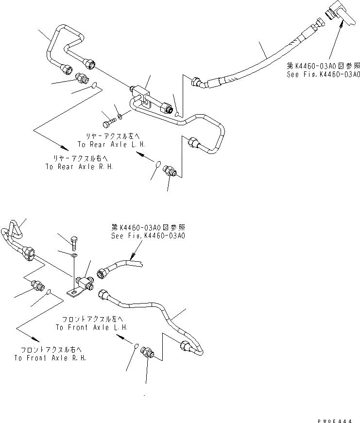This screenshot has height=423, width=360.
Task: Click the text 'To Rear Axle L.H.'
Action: tap(111, 145)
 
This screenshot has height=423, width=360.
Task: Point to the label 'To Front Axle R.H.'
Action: tap(51, 358)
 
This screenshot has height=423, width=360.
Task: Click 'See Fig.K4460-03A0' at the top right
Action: tap(324, 74)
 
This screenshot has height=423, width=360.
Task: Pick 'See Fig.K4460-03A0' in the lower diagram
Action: tap(148, 236)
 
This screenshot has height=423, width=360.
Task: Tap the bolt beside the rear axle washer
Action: tap(109, 118)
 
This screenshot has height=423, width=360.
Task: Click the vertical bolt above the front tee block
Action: tap(74, 241)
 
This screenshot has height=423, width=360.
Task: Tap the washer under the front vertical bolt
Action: tap(73, 254)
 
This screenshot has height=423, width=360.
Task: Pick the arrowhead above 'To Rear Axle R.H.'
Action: tap(64, 147)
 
